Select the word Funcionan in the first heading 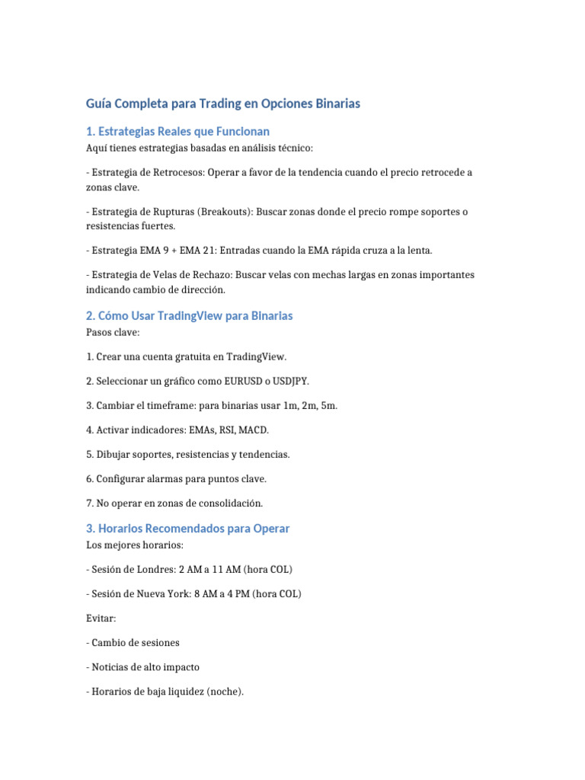[242, 131]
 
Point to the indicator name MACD [254, 430]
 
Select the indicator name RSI [225, 430]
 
